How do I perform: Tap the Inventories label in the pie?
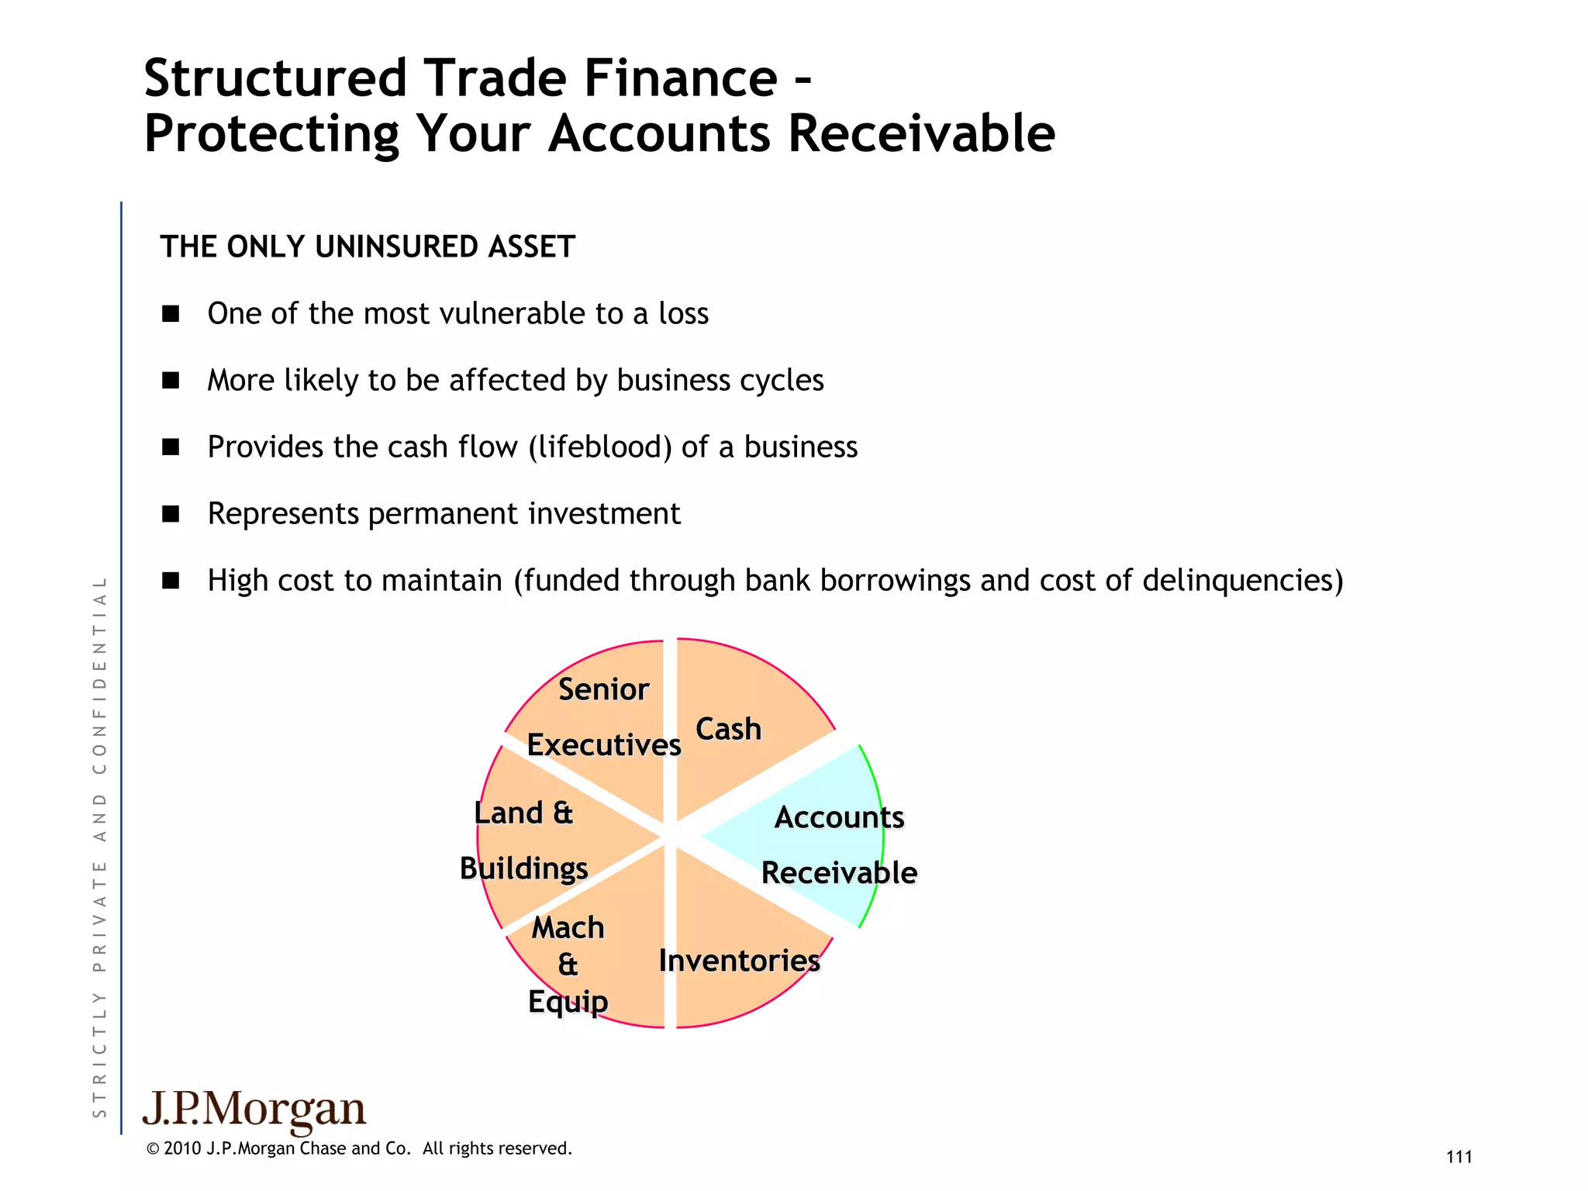pyautogui.click(x=739, y=961)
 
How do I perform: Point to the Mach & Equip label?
pyautogui.click(x=568, y=964)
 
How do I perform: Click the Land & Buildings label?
pyautogui.click(x=524, y=841)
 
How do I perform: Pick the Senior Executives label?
pyautogui.click(x=603, y=716)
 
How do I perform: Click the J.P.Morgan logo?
pyautogui.click(x=254, y=1110)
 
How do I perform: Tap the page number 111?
pyautogui.click(x=1459, y=1157)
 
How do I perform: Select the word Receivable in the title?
pyautogui.click(x=921, y=133)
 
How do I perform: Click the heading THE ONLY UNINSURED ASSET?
pyautogui.click(x=368, y=247)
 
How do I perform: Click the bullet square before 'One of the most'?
pyautogui.click(x=171, y=314)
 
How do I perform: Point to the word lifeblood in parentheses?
pyautogui.click(x=600, y=447)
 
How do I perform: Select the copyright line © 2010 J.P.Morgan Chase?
pyautogui.click(x=358, y=1148)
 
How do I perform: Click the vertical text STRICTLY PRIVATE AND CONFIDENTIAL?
pyautogui.click(x=99, y=845)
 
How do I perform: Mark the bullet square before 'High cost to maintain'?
pyautogui.click(x=171, y=581)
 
